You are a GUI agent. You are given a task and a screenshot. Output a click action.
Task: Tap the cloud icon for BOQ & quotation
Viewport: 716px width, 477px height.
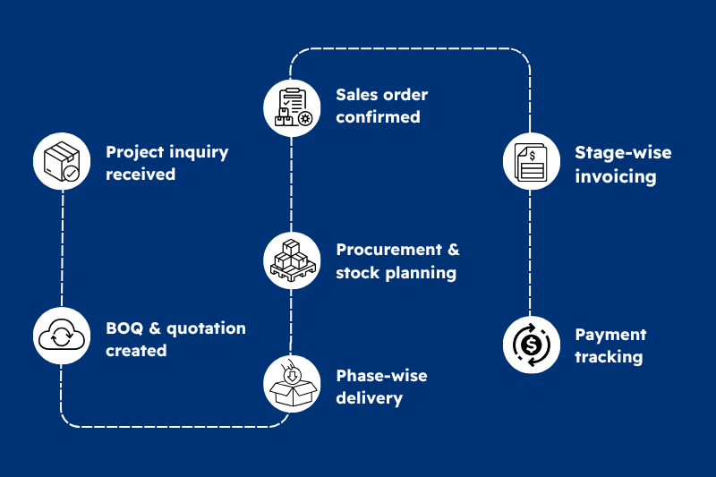[62, 336]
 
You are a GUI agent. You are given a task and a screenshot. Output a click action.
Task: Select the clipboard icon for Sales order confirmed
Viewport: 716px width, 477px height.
[292, 106]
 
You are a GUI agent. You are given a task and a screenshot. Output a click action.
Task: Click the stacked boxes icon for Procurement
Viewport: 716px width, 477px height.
[292, 260]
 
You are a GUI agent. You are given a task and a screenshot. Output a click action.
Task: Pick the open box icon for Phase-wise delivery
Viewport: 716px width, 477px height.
[292, 386]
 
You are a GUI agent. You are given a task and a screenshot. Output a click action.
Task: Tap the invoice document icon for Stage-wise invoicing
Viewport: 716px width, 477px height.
[531, 162]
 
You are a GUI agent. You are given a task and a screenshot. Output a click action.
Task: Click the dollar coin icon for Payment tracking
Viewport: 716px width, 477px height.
[531, 345]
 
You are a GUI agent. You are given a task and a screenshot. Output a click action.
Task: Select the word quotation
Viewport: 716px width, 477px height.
[204, 328]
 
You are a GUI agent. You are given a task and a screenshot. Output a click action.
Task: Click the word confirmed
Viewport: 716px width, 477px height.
[378, 116]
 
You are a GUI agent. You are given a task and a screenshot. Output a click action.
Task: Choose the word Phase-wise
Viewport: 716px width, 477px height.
[381, 376]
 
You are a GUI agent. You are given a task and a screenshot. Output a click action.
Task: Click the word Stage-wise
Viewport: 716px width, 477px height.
[623, 152]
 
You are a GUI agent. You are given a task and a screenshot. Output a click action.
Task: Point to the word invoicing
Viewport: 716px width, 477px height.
[616, 175]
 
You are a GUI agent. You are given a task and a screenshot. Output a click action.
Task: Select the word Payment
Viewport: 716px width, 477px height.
[610, 335]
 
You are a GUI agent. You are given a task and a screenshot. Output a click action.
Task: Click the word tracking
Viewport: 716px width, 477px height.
[609, 357]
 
